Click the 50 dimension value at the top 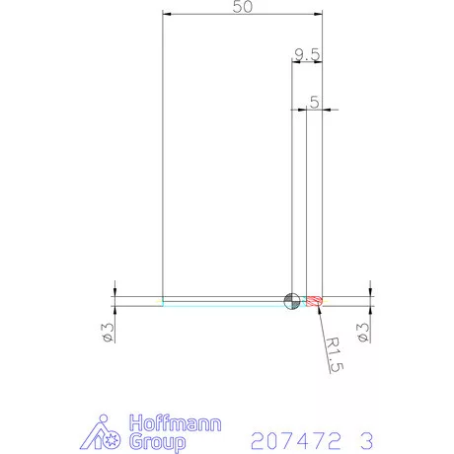point(243,7)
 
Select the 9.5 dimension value point(306,54)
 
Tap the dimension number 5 point(314,102)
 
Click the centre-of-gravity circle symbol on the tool point(292,301)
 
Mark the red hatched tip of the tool point(315,301)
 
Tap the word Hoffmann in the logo point(170,423)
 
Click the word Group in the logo point(158,441)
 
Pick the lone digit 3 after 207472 point(367,437)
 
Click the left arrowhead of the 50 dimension point(166,15)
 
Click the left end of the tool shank point(163,301)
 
